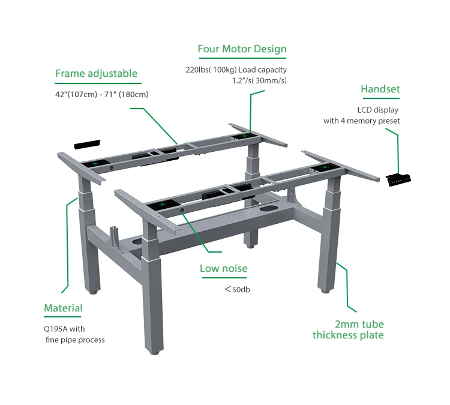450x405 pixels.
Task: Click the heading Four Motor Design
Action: point(242,49)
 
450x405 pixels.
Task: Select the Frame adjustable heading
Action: point(96,74)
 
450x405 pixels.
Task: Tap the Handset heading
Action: point(380,89)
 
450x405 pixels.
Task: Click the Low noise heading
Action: point(223,268)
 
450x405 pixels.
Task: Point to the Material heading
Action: point(63,308)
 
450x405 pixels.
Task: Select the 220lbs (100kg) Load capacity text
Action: point(236,70)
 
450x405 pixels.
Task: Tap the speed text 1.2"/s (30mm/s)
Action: point(259,80)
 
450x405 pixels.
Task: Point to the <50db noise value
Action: point(237,289)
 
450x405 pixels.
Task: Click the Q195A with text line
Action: point(64,329)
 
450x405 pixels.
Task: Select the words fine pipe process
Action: point(76,340)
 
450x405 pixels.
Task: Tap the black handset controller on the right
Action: point(399,178)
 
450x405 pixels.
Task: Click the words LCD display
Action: point(377,110)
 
